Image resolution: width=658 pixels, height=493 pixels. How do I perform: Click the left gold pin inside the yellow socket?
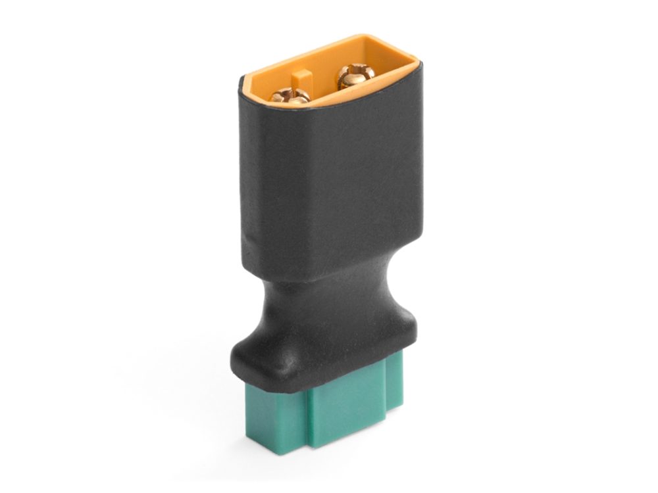click(290, 95)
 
